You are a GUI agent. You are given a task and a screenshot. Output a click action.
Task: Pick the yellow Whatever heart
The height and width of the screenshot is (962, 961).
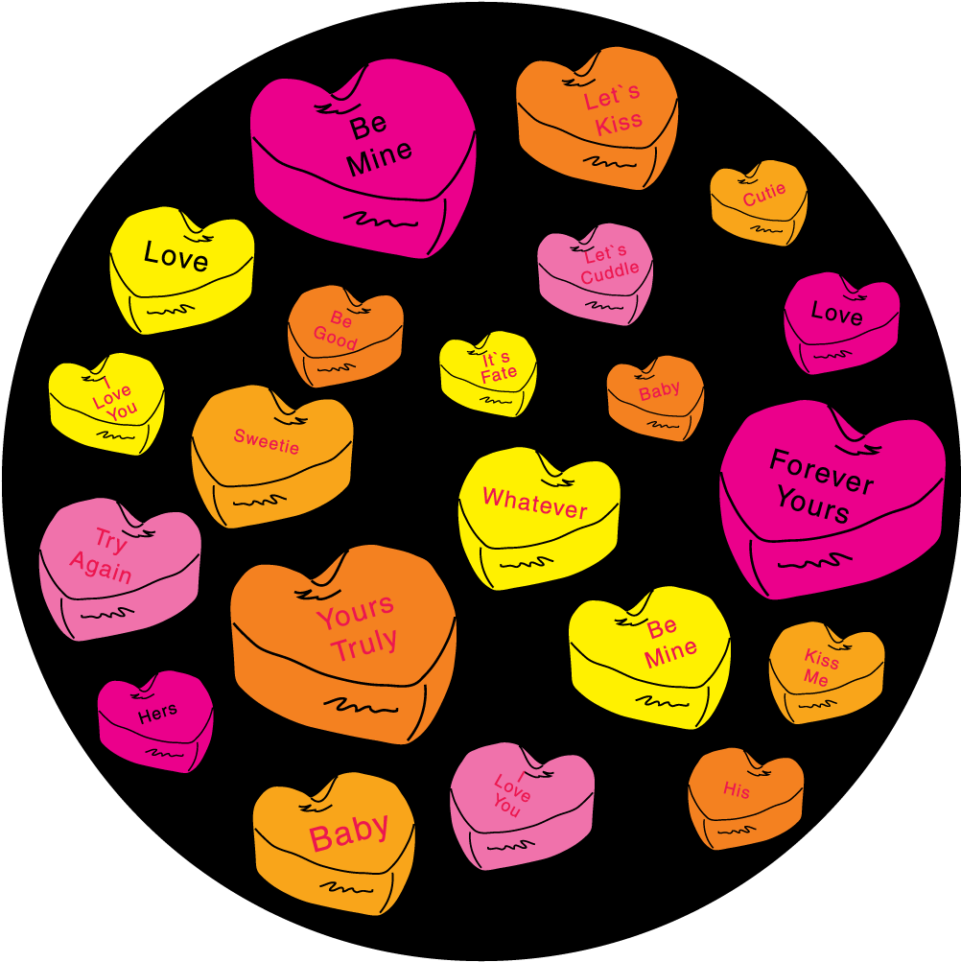538,513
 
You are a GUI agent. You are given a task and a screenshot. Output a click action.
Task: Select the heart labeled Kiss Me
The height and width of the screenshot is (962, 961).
825,670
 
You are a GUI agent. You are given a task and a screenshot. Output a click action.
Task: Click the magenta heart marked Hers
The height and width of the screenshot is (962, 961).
155,718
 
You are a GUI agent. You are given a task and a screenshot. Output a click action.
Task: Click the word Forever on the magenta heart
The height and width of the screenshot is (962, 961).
821,471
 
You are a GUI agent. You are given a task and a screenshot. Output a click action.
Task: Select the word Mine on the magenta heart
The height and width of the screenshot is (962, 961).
379,156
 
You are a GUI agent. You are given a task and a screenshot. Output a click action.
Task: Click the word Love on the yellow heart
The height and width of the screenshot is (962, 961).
176,256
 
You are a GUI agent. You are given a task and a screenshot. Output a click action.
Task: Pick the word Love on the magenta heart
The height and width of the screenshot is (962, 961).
836,314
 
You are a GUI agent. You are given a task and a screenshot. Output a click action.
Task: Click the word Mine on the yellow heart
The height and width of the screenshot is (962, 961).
670,655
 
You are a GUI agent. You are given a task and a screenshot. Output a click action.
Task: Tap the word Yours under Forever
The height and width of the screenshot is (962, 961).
813,505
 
